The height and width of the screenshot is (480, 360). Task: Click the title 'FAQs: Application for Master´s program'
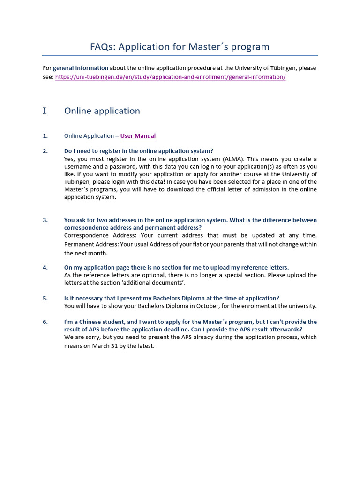pyautogui.click(x=180, y=47)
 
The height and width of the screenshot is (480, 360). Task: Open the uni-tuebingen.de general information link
pyautogui.click(x=170, y=77)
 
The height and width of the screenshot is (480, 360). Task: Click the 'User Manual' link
pyautogui.click(x=138, y=136)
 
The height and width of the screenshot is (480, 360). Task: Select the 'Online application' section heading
pyautogui.click(x=102, y=111)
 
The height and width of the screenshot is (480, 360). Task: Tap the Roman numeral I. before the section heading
pyautogui.click(x=45, y=111)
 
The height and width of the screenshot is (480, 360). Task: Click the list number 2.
pyautogui.click(x=45, y=151)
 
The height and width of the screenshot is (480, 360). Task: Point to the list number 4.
pyautogui.click(x=45, y=268)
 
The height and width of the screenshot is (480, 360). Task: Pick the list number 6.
pyautogui.click(x=45, y=322)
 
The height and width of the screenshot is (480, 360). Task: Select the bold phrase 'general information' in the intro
pyautogui.click(x=80, y=68)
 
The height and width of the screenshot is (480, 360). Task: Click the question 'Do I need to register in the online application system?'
pyautogui.click(x=138, y=151)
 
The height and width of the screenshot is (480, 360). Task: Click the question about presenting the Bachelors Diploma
pyautogui.click(x=172, y=298)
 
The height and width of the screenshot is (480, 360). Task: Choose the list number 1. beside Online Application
pyautogui.click(x=45, y=136)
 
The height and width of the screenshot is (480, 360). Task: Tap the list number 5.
pyautogui.click(x=45, y=298)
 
